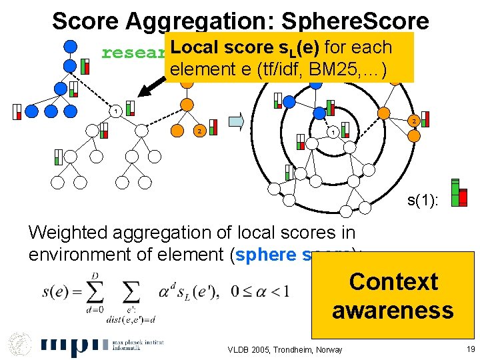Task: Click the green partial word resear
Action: point(133,53)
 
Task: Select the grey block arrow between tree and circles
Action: point(237,121)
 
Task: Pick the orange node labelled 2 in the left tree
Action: point(197,130)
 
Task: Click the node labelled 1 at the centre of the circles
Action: point(332,131)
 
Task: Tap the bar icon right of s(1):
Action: point(459,193)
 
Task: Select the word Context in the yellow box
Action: point(393,282)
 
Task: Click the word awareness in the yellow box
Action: point(393,311)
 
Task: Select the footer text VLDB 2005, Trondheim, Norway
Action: point(285,349)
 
